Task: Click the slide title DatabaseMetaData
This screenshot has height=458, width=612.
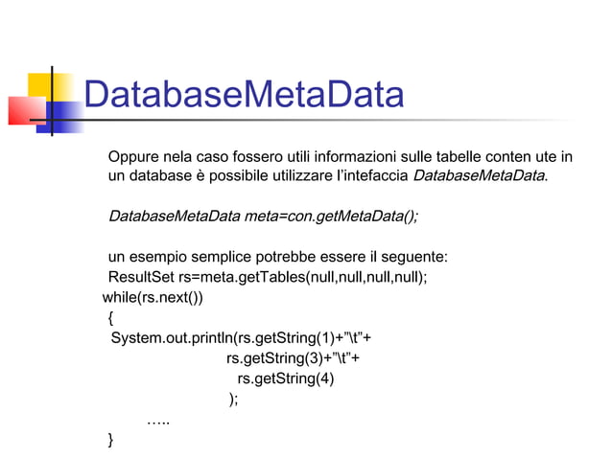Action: point(243,96)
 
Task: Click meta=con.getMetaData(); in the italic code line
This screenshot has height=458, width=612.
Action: point(332,216)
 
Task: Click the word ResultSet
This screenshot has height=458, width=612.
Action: point(134,278)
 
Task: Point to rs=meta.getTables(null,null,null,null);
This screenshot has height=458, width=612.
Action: point(296,278)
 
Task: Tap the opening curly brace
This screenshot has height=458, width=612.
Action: point(110,317)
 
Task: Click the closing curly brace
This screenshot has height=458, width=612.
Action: point(111,440)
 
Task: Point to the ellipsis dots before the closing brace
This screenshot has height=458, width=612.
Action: point(158,421)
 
